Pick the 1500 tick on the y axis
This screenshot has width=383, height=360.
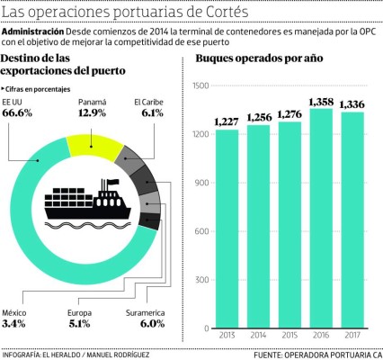(x=198, y=86)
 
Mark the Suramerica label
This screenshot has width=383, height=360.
(x=147, y=312)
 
